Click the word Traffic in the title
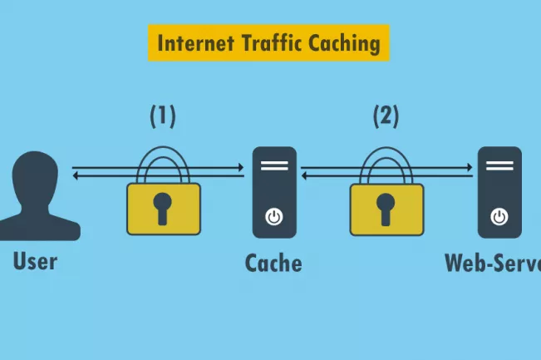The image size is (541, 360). [273, 42]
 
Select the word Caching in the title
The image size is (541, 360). [345, 42]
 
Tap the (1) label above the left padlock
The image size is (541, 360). [163, 116]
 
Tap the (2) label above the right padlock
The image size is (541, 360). [386, 116]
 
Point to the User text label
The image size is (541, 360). [35, 261]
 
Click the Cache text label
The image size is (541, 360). [273, 264]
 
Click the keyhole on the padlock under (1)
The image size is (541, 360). [163, 207]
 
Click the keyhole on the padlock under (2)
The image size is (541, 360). [386, 207]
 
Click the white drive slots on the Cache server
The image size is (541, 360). [273, 165]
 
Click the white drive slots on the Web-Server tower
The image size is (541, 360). [499, 165]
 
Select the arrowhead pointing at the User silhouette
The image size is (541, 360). [76, 176]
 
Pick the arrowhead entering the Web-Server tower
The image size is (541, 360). [470, 169]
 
